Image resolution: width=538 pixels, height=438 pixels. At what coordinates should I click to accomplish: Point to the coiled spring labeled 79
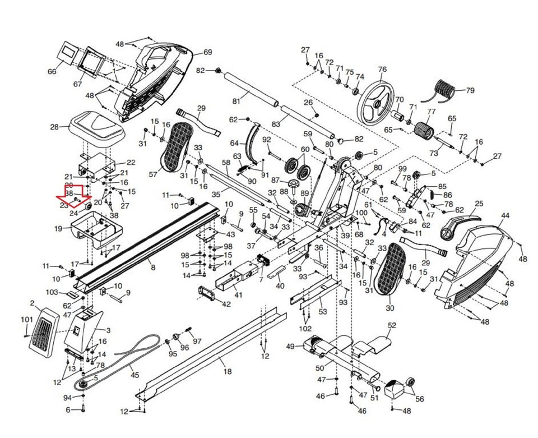tap(447, 90)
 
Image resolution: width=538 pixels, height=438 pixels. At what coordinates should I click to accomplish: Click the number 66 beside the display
tap(52, 72)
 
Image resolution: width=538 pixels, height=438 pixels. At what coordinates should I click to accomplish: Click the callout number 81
tap(236, 101)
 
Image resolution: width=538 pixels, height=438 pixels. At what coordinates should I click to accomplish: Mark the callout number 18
tap(226, 371)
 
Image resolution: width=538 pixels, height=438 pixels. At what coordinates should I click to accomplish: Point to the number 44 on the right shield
tap(505, 216)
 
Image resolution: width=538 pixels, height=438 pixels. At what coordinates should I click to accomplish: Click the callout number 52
tap(392, 325)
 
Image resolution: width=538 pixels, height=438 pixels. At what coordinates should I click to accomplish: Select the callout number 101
tap(26, 320)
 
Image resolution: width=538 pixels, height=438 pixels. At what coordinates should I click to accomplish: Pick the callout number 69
tap(207, 52)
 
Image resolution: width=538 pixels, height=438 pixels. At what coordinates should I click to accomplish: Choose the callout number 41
tap(238, 294)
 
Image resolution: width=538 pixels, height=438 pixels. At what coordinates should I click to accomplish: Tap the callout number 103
tap(52, 292)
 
